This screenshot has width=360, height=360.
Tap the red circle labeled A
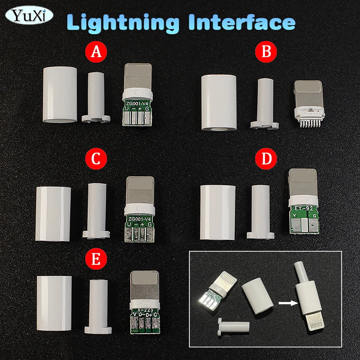(x=96, y=52)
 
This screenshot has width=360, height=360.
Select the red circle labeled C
(x=96, y=159)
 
